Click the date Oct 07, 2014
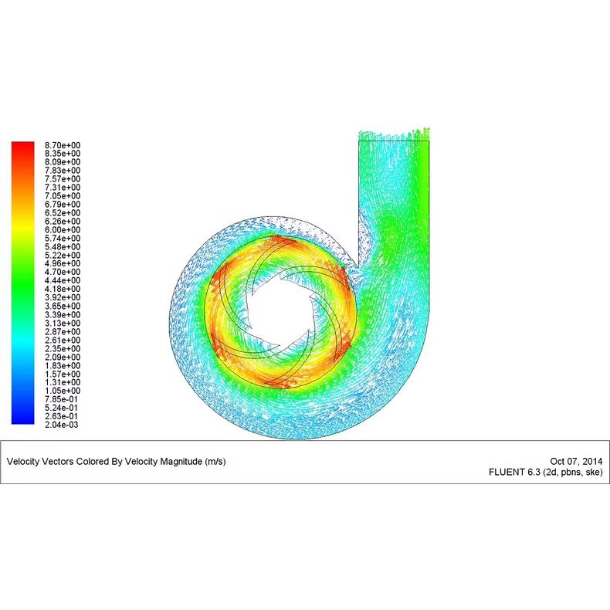pyautogui.click(x=577, y=461)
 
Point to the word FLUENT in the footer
pyautogui.click(x=507, y=472)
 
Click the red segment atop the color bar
pyautogui.click(x=22, y=151)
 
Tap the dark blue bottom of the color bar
pyautogui.click(x=22, y=417)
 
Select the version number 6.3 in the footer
pyautogui.click(x=533, y=472)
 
